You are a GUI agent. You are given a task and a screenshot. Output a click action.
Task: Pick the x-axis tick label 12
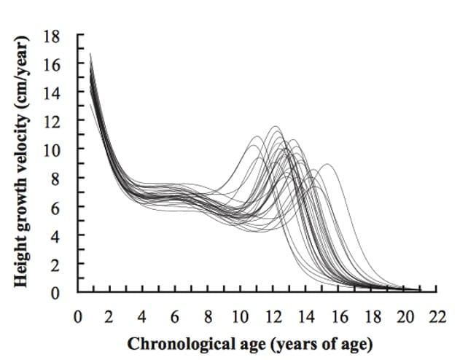coord(273,317)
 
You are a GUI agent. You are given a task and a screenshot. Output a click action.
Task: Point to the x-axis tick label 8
coord(208,317)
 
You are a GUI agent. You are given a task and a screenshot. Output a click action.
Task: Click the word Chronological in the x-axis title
coord(172,343)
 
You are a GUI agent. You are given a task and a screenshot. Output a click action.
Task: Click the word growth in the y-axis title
coord(23,202)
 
